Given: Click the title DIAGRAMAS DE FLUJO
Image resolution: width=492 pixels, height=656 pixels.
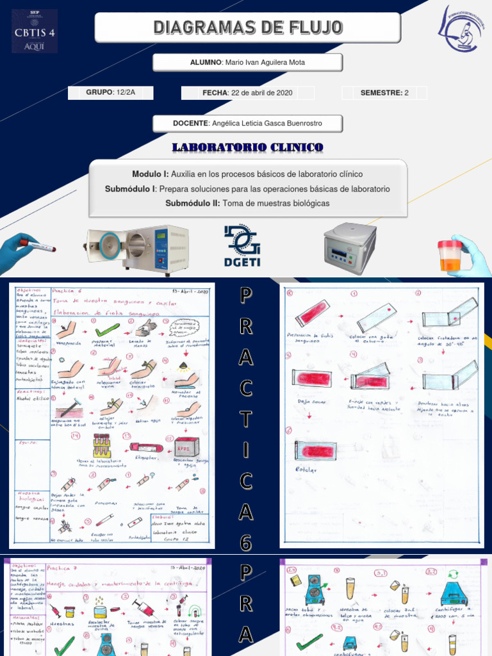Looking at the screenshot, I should coord(248,28).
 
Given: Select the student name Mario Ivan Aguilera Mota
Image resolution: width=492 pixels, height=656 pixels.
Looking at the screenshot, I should coord(248,63).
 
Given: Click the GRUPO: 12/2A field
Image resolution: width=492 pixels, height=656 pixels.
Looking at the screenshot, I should coord(111,93).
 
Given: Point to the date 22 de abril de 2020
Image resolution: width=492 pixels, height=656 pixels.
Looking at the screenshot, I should coord(247,93).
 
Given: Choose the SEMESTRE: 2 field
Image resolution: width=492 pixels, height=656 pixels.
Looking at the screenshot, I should coord(384,93).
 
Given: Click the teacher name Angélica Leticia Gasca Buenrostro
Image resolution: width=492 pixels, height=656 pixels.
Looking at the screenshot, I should coord(248,123).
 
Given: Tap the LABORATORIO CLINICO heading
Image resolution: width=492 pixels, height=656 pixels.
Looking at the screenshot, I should coord(248,148).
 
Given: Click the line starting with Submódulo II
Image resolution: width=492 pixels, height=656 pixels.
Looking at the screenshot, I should coord(247,203).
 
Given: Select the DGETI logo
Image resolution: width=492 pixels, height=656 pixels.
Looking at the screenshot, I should coord(242,245).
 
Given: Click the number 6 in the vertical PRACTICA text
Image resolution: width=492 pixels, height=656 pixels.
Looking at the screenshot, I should coord(246,543).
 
